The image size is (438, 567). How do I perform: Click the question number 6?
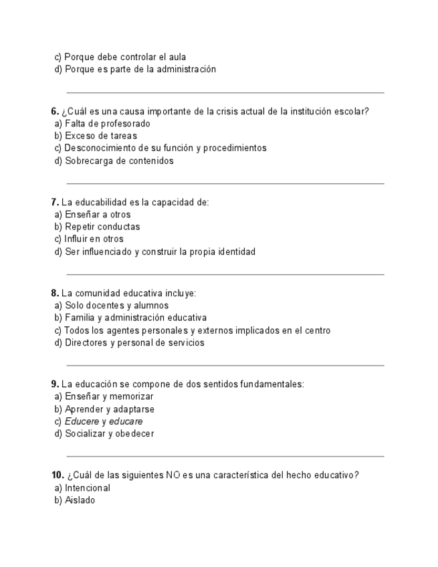tap(55, 112)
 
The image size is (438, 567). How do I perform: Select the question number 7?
tap(55, 203)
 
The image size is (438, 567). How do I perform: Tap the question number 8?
tap(55, 294)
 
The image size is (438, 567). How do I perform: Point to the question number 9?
tap(55, 384)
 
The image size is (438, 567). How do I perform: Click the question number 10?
tap(57, 475)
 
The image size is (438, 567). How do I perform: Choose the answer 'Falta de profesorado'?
tap(107, 124)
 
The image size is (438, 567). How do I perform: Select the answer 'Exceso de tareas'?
tap(100, 136)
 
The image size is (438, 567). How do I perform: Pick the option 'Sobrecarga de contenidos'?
tap(118, 160)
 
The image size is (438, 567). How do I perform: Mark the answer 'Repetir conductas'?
tap(102, 227)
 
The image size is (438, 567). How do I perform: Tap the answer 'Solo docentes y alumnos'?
tap(116, 306)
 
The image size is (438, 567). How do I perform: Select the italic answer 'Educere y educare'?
tap(104, 422)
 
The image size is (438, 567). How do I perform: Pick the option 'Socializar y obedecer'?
tap(109, 434)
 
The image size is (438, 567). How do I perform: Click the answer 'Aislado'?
tap(80, 500)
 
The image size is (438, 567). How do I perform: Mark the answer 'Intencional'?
tap(87, 488)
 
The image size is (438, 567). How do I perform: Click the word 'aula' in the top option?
tap(177, 57)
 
